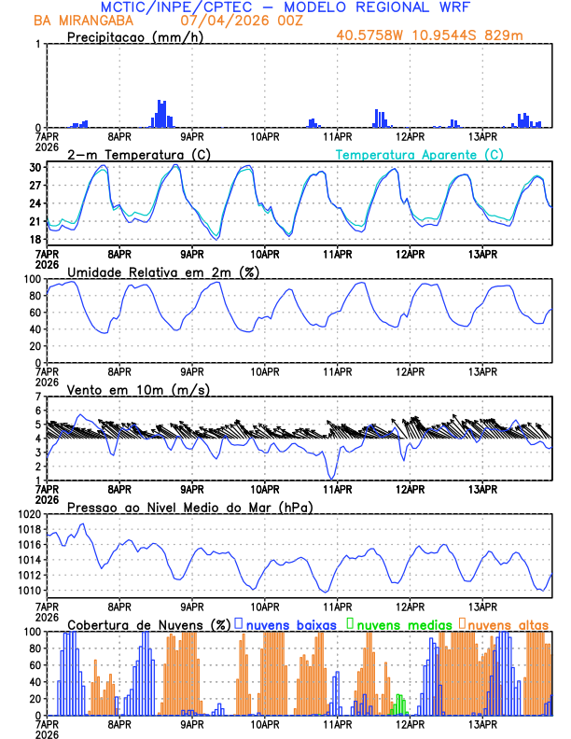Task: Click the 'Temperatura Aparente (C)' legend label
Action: pos(419,154)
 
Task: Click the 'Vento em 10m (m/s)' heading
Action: pos(138,389)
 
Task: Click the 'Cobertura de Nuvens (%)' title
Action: pos(149,624)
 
